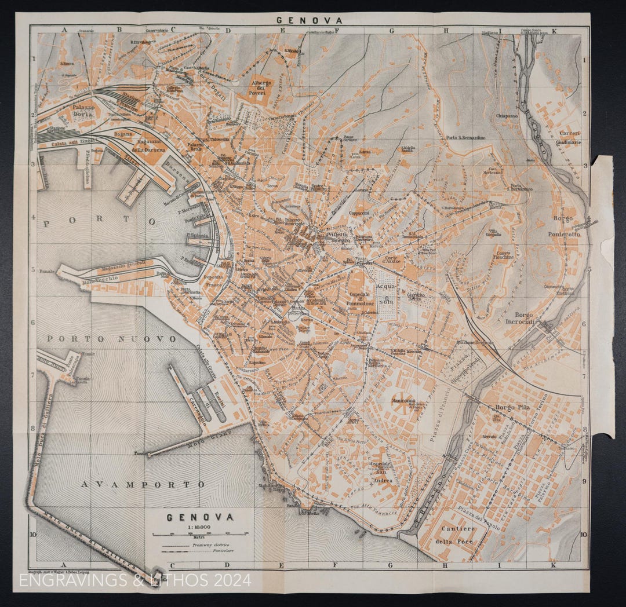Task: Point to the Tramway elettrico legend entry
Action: click(x=210, y=545)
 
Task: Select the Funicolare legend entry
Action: click(x=210, y=552)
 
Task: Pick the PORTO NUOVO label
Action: click(x=111, y=338)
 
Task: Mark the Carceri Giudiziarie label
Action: click(x=569, y=137)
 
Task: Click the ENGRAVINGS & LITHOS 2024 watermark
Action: click(x=135, y=580)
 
